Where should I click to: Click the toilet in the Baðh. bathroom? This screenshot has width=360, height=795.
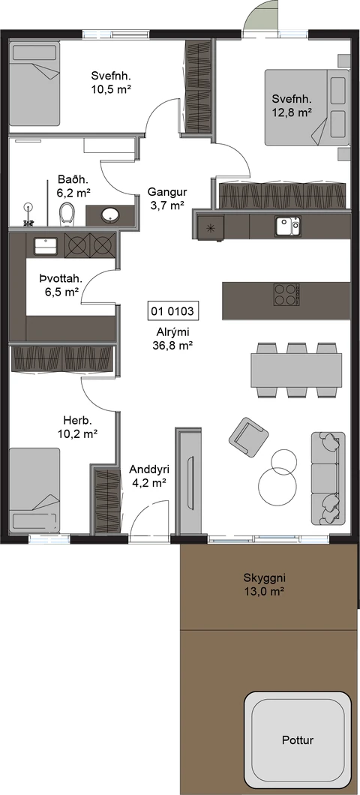pos(67,214)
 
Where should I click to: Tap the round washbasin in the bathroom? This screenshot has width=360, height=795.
pos(110,215)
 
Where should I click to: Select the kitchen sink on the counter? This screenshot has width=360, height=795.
pos(288,226)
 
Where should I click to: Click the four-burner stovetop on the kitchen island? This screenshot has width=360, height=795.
pos(285,294)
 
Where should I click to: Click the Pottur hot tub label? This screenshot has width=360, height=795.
pos(298,740)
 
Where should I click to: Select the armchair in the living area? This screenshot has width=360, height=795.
pos(248,436)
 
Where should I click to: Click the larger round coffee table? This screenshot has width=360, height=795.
pos(277,485)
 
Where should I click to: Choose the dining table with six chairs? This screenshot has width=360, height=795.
pos(296,370)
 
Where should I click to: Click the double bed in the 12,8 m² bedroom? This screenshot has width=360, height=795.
pos(307,107)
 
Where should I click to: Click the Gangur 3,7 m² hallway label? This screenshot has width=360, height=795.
pos(167,198)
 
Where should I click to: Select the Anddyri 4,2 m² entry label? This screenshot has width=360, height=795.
pos(149,475)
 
